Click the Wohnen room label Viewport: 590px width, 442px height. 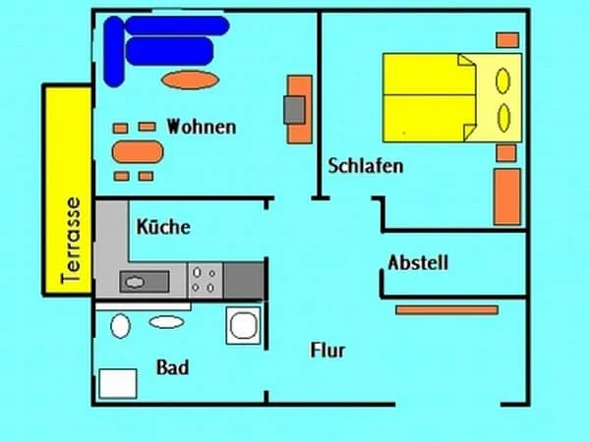click(202, 127)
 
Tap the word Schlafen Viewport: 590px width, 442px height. click(366, 166)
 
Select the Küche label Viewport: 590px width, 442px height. click(163, 227)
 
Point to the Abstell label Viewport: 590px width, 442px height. click(418, 262)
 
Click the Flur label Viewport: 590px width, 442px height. click(327, 350)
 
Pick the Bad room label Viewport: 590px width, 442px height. click(172, 368)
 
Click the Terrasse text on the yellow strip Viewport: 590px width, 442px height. click(69, 239)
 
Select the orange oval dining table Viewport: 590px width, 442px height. click(137, 151)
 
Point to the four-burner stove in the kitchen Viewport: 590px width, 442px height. click(206, 280)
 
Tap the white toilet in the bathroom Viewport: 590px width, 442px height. click(122, 325)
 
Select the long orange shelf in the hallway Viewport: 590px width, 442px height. click(446, 309)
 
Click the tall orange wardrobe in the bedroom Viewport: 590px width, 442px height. click(506, 196)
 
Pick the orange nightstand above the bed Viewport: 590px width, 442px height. click(507, 40)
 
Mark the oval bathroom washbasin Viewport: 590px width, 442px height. click(166, 321)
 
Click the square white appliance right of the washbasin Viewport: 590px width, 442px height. click(241, 325)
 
